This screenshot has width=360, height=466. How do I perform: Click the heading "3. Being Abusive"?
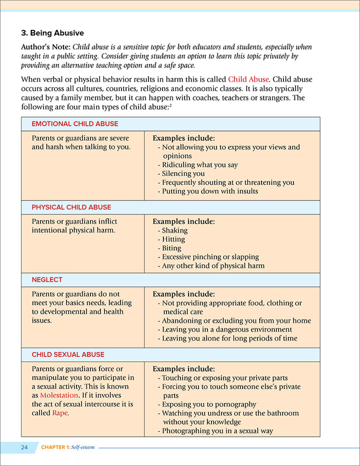tap(52, 33)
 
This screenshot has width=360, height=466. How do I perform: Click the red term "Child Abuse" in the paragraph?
tap(248, 79)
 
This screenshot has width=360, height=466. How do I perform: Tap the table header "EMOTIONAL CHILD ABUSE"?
tap(75, 123)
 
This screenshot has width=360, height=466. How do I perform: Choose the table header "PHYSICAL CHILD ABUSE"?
tap(71, 207)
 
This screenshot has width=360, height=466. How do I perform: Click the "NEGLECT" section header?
tap(47, 279)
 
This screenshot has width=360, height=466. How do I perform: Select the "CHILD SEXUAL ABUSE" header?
tap(68, 354)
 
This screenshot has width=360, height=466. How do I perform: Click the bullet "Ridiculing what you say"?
tap(199, 164)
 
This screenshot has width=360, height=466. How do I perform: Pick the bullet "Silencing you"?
tap(183, 173)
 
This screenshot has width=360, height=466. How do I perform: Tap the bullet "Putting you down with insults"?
tap(210, 191)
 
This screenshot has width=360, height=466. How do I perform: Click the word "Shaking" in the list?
tap(174, 230)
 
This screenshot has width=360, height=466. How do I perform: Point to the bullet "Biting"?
tap(171, 248)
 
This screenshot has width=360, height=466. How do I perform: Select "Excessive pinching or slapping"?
tap(210, 256)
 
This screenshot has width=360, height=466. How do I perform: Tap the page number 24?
tap(24, 447)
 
